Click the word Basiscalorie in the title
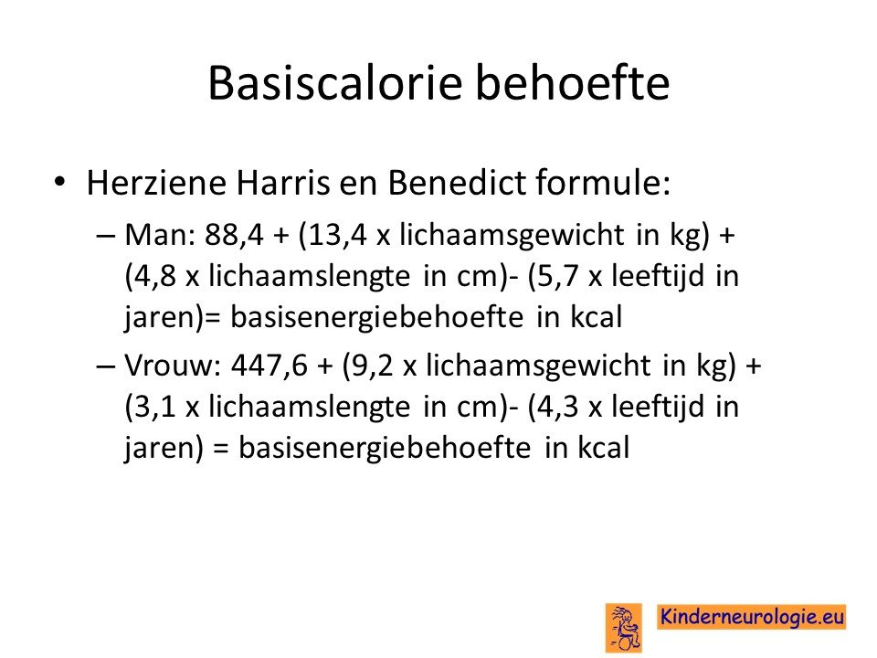[335, 83]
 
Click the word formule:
[603, 183]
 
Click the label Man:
[159, 235]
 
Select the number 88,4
[234, 235]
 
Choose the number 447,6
[269, 366]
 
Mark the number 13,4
[337, 235]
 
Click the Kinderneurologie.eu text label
[751, 617]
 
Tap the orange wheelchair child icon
[624, 628]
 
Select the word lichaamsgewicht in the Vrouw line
[539, 366]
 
